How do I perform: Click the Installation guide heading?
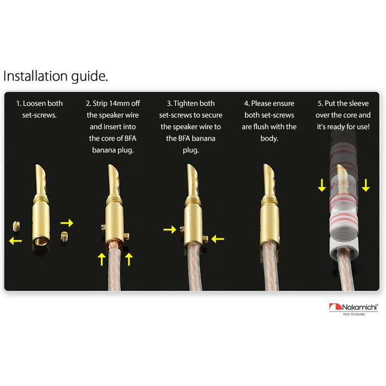click(56, 76)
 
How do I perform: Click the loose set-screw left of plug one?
click(17, 226)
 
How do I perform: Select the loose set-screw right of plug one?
click(64, 237)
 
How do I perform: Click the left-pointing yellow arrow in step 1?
click(15, 241)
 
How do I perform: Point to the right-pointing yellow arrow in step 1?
click(67, 223)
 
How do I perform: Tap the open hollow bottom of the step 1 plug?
click(41, 242)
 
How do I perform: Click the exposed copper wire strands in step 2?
click(115, 244)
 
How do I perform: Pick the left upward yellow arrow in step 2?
click(101, 259)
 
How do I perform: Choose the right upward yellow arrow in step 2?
click(128, 259)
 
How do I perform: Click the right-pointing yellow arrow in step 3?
click(170, 229)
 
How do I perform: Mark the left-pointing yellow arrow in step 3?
click(218, 239)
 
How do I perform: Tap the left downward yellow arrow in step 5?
click(321, 185)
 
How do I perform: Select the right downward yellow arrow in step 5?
click(366, 185)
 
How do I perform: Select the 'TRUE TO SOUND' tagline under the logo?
click(354, 314)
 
